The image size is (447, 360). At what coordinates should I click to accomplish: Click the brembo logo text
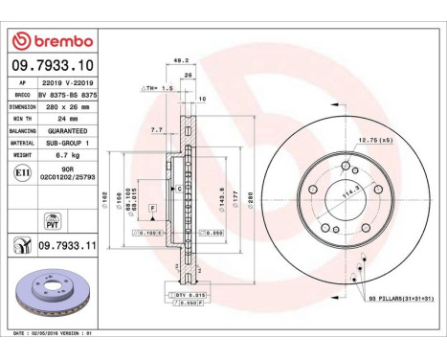point(58,41)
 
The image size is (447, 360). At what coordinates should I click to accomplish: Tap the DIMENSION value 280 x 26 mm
point(67,107)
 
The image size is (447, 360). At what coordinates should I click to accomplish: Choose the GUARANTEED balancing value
point(67,129)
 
